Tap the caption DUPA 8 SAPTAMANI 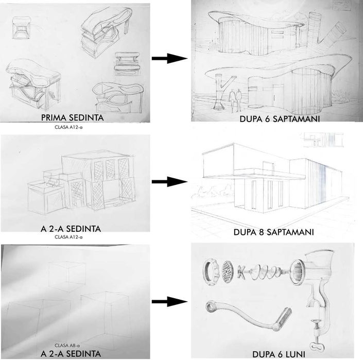[274, 232]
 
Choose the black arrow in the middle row [168, 181]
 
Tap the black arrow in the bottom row [168, 301]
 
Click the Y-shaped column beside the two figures [219, 90]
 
